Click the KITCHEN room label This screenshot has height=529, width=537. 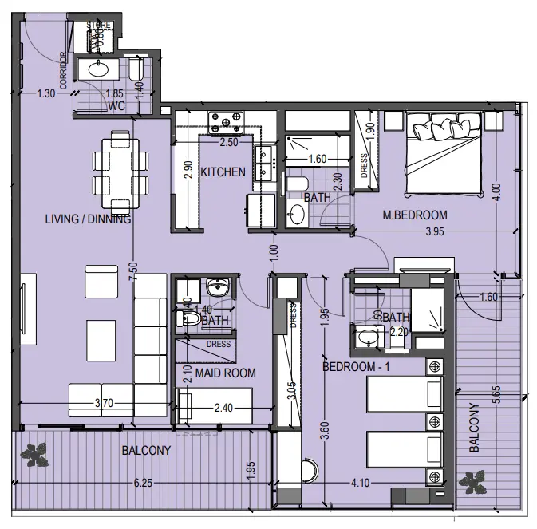pos(223,172)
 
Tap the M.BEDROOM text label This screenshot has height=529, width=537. pos(414,215)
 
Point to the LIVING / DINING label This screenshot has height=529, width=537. pos(88,219)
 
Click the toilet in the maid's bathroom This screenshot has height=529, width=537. pos(188,319)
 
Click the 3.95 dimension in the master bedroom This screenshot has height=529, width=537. pos(434,232)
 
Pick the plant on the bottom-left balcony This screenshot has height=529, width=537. pos(36,455)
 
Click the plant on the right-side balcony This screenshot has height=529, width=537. pos(476,481)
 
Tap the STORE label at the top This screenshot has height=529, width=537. pos(98,26)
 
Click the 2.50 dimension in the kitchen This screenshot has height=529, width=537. pos(230,142)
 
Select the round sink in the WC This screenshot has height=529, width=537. pos(99,70)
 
